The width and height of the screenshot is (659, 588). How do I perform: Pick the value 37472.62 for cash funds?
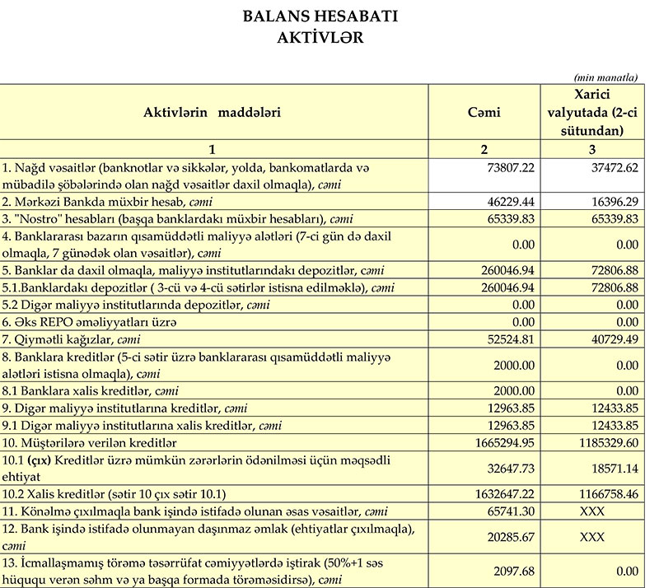tap(610, 167)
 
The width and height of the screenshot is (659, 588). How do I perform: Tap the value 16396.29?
tap(610, 201)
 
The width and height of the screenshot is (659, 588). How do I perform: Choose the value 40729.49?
tap(610, 339)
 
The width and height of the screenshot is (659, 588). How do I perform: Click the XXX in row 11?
tap(593, 511)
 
